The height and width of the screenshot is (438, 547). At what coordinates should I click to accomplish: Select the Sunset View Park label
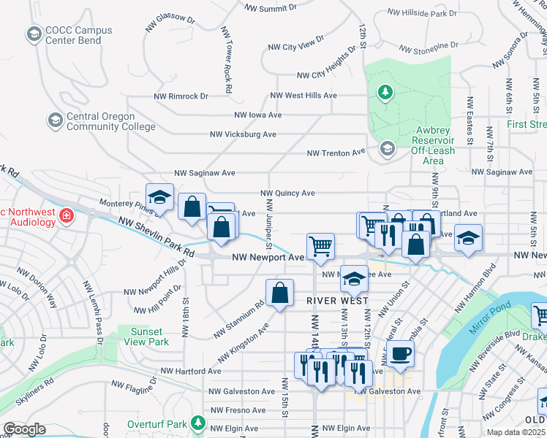click(x=146, y=337)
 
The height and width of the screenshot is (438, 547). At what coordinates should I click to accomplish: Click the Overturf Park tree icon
click(x=197, y=423)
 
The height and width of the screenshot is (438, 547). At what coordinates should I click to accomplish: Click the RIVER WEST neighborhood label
click(x=338, y=300)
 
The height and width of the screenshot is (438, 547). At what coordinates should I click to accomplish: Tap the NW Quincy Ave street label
click(x=287, y=193)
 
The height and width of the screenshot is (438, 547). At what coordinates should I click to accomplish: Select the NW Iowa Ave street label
click(x=257, y=115)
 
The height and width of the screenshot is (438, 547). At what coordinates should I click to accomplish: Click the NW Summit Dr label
click(x=271, y=8)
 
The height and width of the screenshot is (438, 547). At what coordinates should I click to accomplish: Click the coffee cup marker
click(x=399, y=354)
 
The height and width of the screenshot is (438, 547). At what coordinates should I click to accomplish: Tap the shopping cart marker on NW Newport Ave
click(x=320, y=245)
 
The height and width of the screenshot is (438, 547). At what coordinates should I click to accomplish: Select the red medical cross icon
click(x=66, y=216)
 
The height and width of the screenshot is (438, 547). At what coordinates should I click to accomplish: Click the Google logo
click(x=24, y=429)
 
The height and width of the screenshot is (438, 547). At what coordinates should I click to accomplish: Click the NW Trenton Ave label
click(x=336, y=153)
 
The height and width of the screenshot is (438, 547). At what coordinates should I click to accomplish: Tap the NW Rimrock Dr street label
click(x=181, y=96)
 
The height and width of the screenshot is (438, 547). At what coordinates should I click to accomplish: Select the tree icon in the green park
click(x=385, y=92)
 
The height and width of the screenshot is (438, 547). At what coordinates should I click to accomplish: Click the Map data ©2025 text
click(x=516, y=432)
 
